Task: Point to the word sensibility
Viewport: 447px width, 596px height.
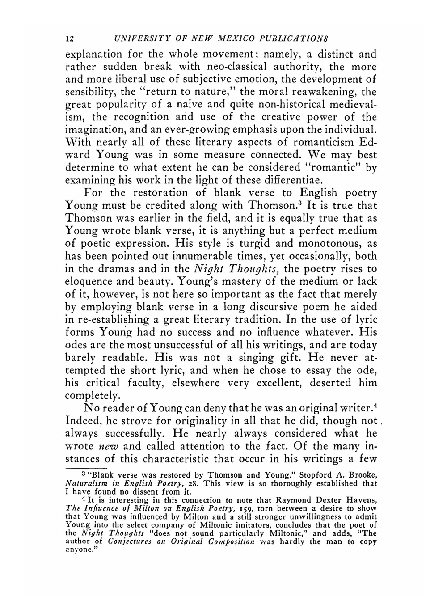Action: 90,93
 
